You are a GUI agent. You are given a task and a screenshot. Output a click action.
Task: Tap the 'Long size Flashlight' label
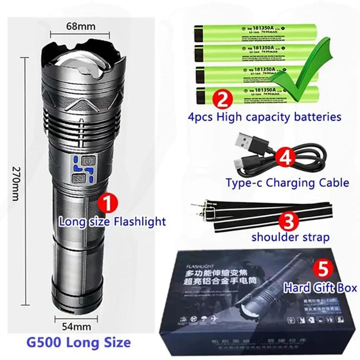coord(112,221)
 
